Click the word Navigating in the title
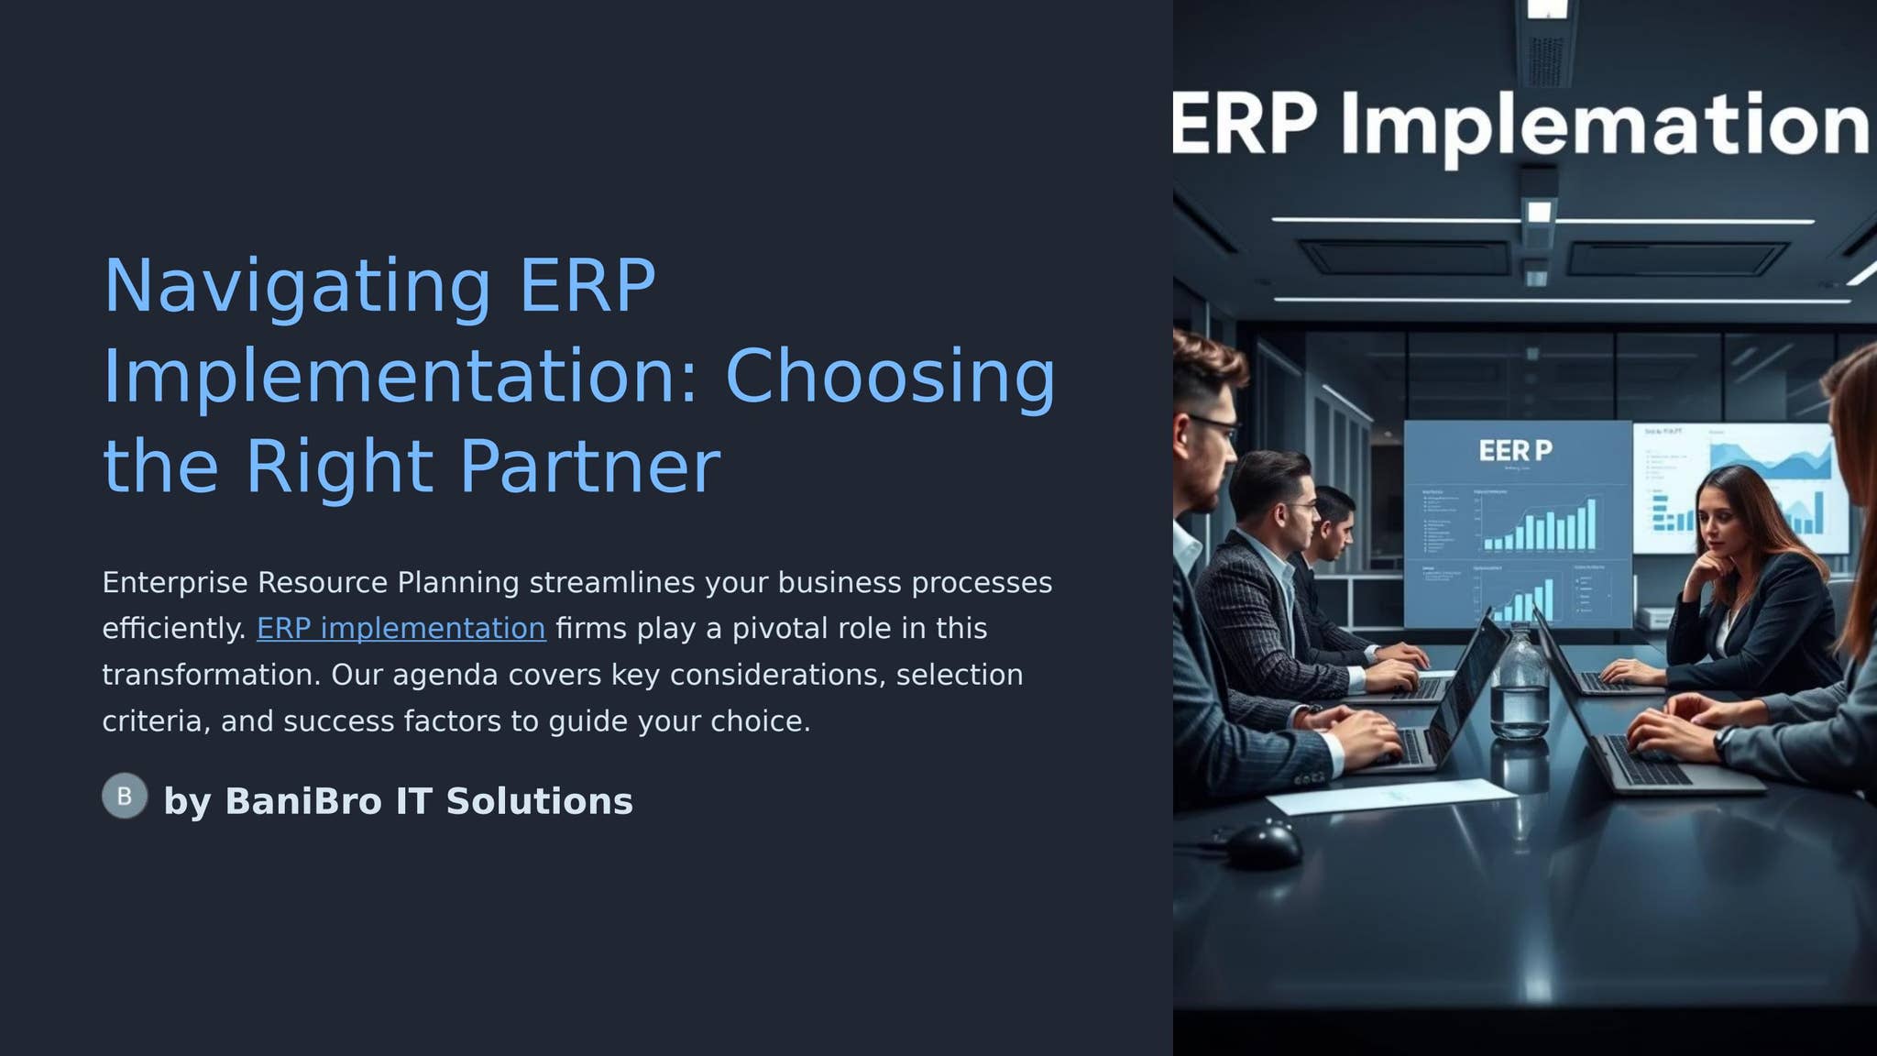click(x=297, y=287)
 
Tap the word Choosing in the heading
click(x=890, y=377)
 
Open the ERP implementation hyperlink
click(x=401, y=629)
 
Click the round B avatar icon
click(x=125, y=796)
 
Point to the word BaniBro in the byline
click(x=302, y=801)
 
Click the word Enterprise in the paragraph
click(x=174, y=583)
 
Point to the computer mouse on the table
click(x=1263, y=844)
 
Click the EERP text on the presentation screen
click(x=1515, y=451)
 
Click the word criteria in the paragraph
click(x=151, y=722)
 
